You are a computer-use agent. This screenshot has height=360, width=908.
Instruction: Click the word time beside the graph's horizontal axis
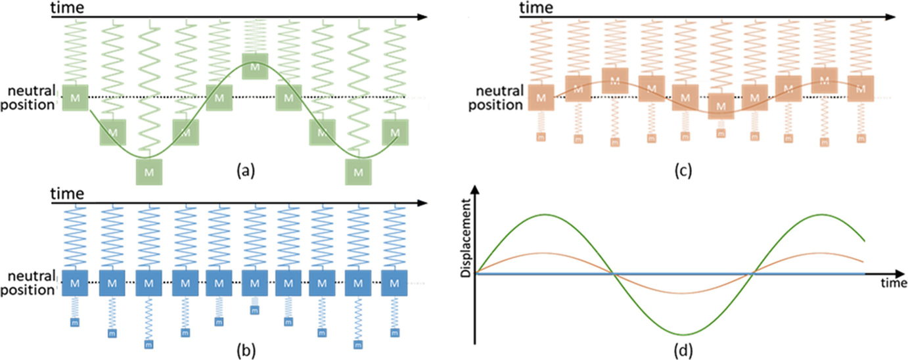click(x=893, y=284)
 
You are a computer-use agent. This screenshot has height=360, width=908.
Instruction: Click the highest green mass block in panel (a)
click(x=254, y=66)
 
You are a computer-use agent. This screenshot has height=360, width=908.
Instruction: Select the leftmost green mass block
click(x=76, y=98)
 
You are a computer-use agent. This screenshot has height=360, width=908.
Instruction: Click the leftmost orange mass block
click(x=541, y=98)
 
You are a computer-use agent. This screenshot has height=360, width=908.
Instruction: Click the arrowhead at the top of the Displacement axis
click(x=474, y=191)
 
